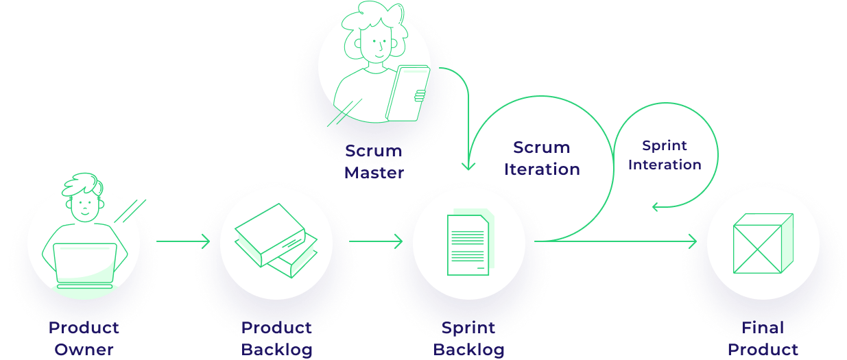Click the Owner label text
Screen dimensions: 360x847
point(84,350)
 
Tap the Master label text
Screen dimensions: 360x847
point(374,173)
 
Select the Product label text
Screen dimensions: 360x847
point(763,350)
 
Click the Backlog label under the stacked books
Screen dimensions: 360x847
point(276,350)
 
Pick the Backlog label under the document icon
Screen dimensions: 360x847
point(468,350)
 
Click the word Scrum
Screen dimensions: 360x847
point(542,147)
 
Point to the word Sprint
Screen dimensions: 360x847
point(665,145)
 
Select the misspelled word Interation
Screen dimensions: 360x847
point(665,165)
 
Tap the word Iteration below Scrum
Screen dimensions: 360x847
point(542,169)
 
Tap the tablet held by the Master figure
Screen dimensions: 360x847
point(407,93)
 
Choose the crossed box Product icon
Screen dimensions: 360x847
point(763,243)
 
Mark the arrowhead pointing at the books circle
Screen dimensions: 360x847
point(205,241)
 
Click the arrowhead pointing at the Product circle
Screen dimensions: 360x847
point(693,241)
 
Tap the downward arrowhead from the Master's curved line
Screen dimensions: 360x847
point(468,165)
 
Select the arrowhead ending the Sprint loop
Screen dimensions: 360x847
point(656,206)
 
